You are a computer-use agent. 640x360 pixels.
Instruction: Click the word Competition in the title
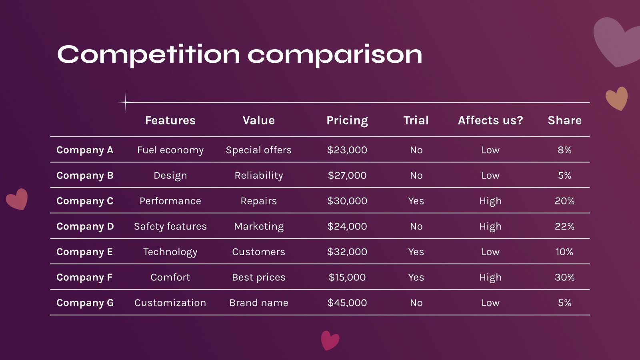click(x=148, y=55)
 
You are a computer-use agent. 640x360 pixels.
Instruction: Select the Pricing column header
click(x=347, y=120)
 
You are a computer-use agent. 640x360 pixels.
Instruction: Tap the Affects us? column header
click(x=490, y=120)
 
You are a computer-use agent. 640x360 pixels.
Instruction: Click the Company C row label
click(x=85, y=201)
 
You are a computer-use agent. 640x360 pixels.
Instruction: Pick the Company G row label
click(x=85, y=303)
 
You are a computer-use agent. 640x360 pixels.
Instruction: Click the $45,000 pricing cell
click(x=347, y=303)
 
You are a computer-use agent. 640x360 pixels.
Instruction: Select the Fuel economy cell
click(x=170, y=150)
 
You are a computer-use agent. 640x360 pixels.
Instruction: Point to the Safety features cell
click(x=170, y=226)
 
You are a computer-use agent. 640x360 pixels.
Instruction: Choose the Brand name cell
click(x=258, y=303)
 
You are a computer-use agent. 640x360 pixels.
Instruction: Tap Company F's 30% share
click(x=564, y=277)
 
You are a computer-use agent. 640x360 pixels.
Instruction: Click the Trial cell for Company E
click(x=416, y=252)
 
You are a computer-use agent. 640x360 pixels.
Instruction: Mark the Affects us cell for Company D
click(x=490, y=226)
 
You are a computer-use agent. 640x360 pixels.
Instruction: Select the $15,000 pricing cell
click(x=347, y=277)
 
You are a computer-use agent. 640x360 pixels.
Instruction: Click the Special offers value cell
click(x=258, y=150)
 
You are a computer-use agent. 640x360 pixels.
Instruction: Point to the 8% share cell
click(x=564, y=150)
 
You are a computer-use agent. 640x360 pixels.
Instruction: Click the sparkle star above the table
click(x=126, y=102)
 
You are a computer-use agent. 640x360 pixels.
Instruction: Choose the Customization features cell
click(x=170, y=303)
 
